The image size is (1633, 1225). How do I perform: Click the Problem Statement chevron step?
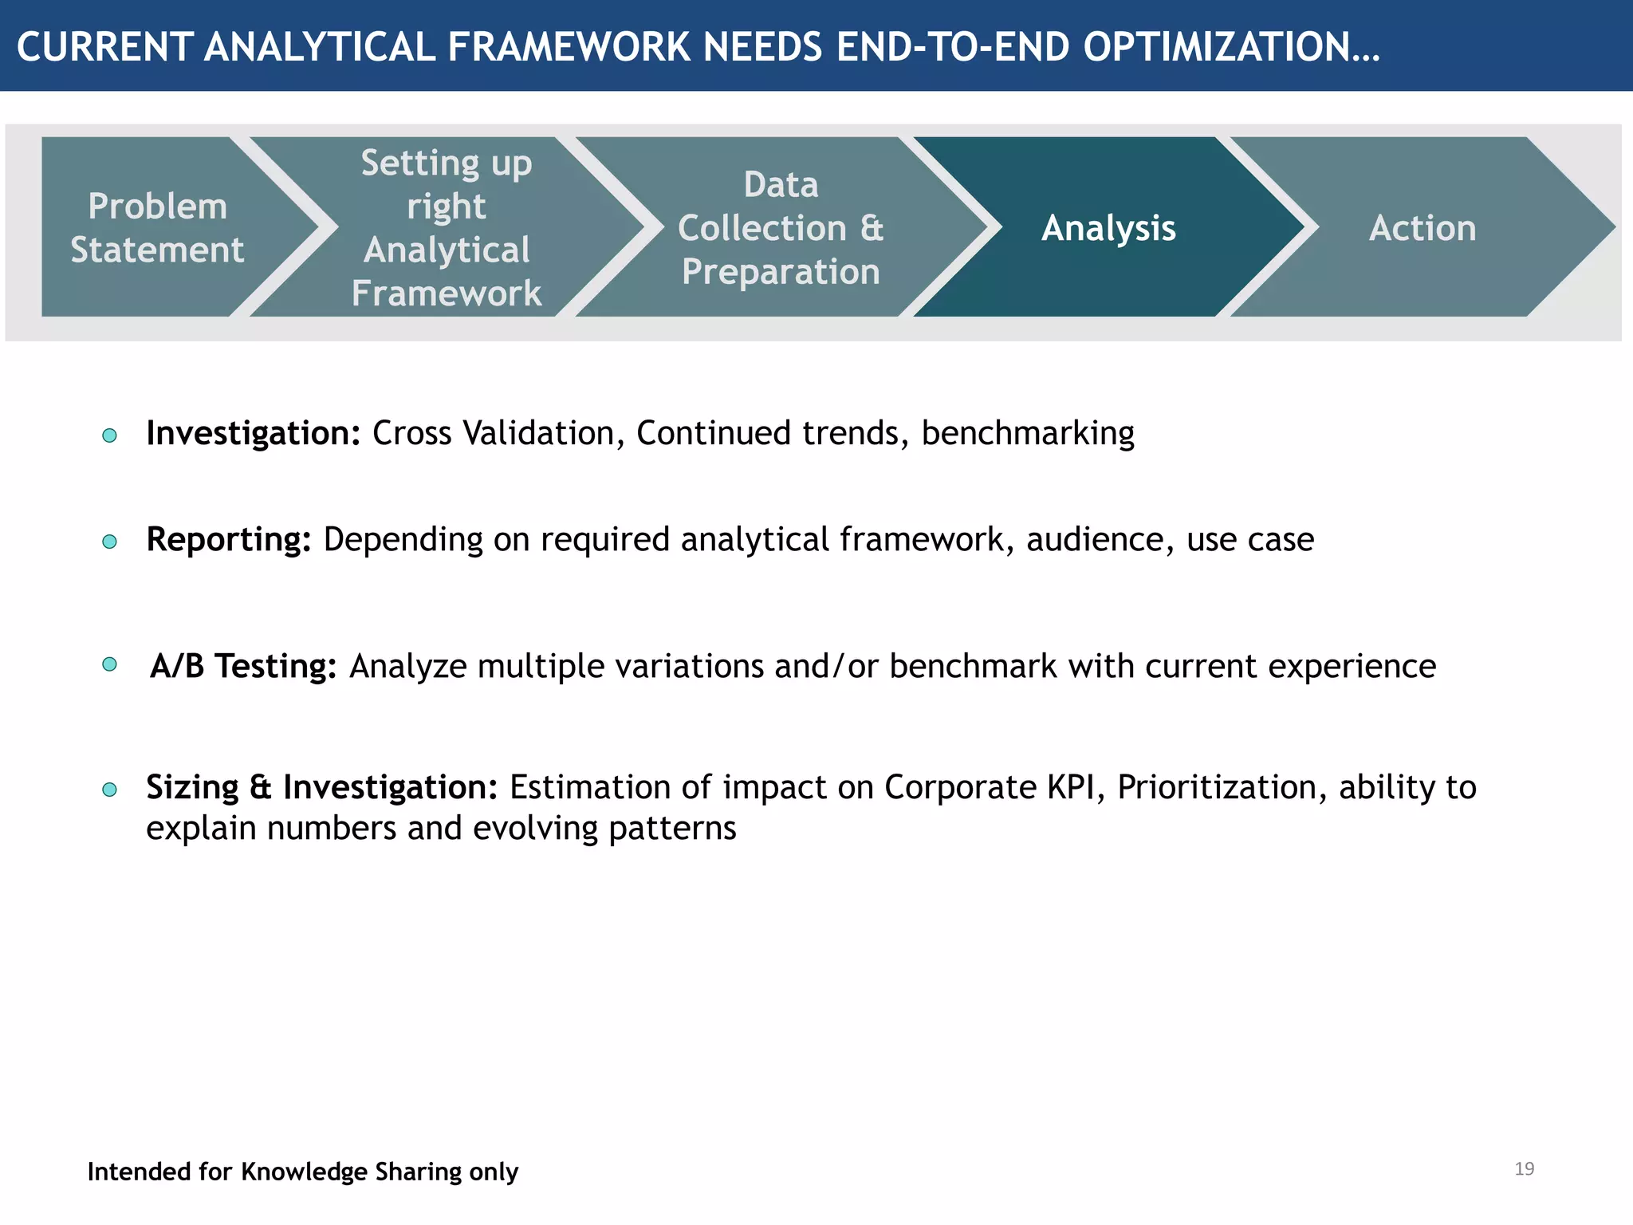(x=157, y=228)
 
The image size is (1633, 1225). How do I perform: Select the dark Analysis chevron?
(x=1108, y=228)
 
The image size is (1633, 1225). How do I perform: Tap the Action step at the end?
(x=1422, y=228)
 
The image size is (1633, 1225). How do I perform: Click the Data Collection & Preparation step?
(x=781, y=228)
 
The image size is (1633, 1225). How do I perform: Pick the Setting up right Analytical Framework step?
(x=447, y=228)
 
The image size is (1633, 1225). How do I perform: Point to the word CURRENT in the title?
(x=104, y=47)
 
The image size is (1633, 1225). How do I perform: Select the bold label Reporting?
(x=229, y=540)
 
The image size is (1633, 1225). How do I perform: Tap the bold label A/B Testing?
(x=243, y=666)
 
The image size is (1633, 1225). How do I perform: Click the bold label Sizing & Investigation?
(x=321, y=788)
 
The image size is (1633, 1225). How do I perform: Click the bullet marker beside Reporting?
(x=110, y=542)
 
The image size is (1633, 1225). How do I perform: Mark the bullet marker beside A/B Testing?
(x=110, y=664)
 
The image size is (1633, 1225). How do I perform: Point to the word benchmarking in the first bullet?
(x=1028, y=434)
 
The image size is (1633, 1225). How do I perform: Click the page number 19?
(x=1524, y=1169)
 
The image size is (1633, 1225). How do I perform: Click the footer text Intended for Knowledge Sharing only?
(x=303, y=1172)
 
